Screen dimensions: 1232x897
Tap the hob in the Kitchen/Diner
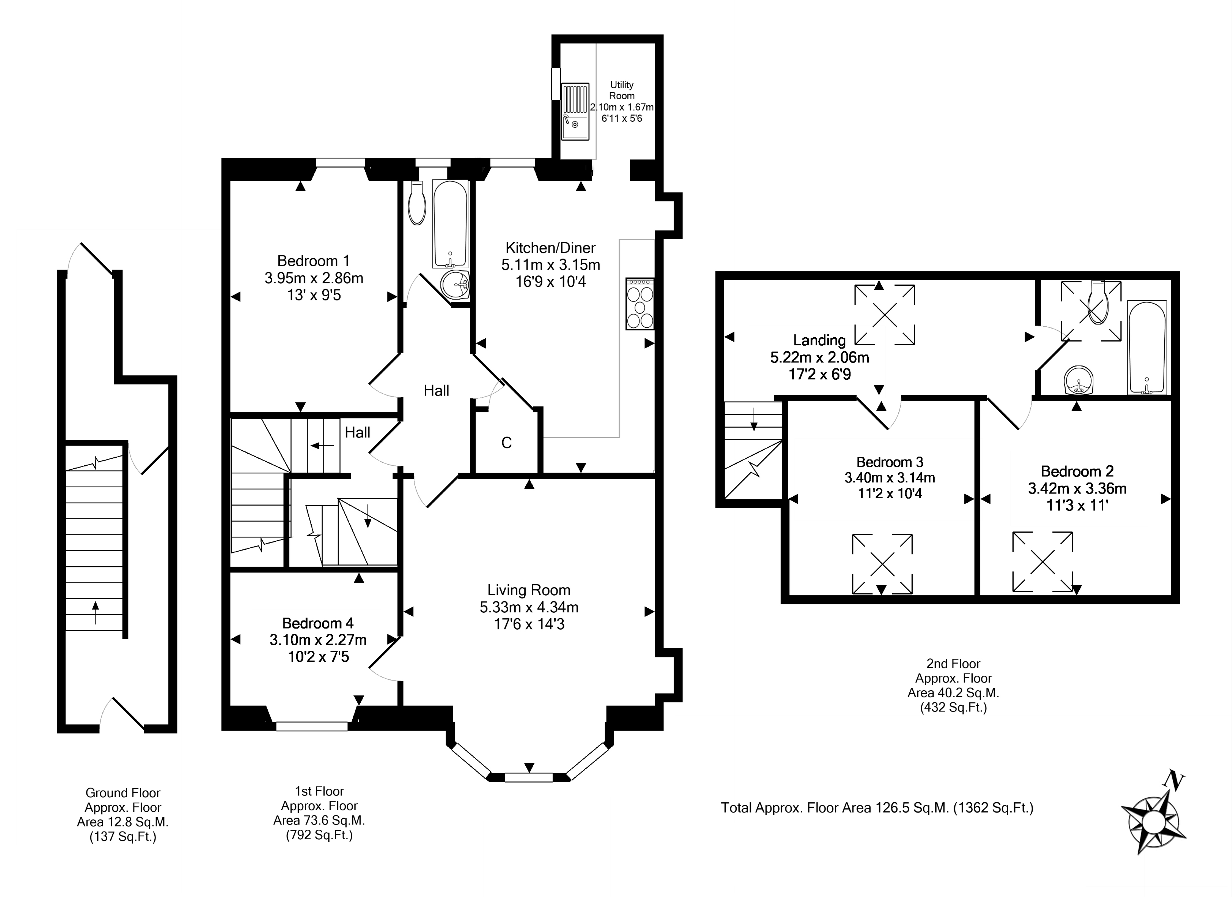(640, 304)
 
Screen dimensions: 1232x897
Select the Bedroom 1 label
(313, 261)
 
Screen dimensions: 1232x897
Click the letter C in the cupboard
(506, 443)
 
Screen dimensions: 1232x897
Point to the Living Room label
(529, 590)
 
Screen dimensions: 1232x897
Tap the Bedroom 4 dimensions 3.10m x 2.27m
(318, 640)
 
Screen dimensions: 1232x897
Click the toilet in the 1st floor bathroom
(417, 203)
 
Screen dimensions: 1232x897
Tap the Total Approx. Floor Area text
(877, 808)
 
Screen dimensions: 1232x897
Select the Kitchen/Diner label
(550, 248)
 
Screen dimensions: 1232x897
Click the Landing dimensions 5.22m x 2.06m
(819, 357)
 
